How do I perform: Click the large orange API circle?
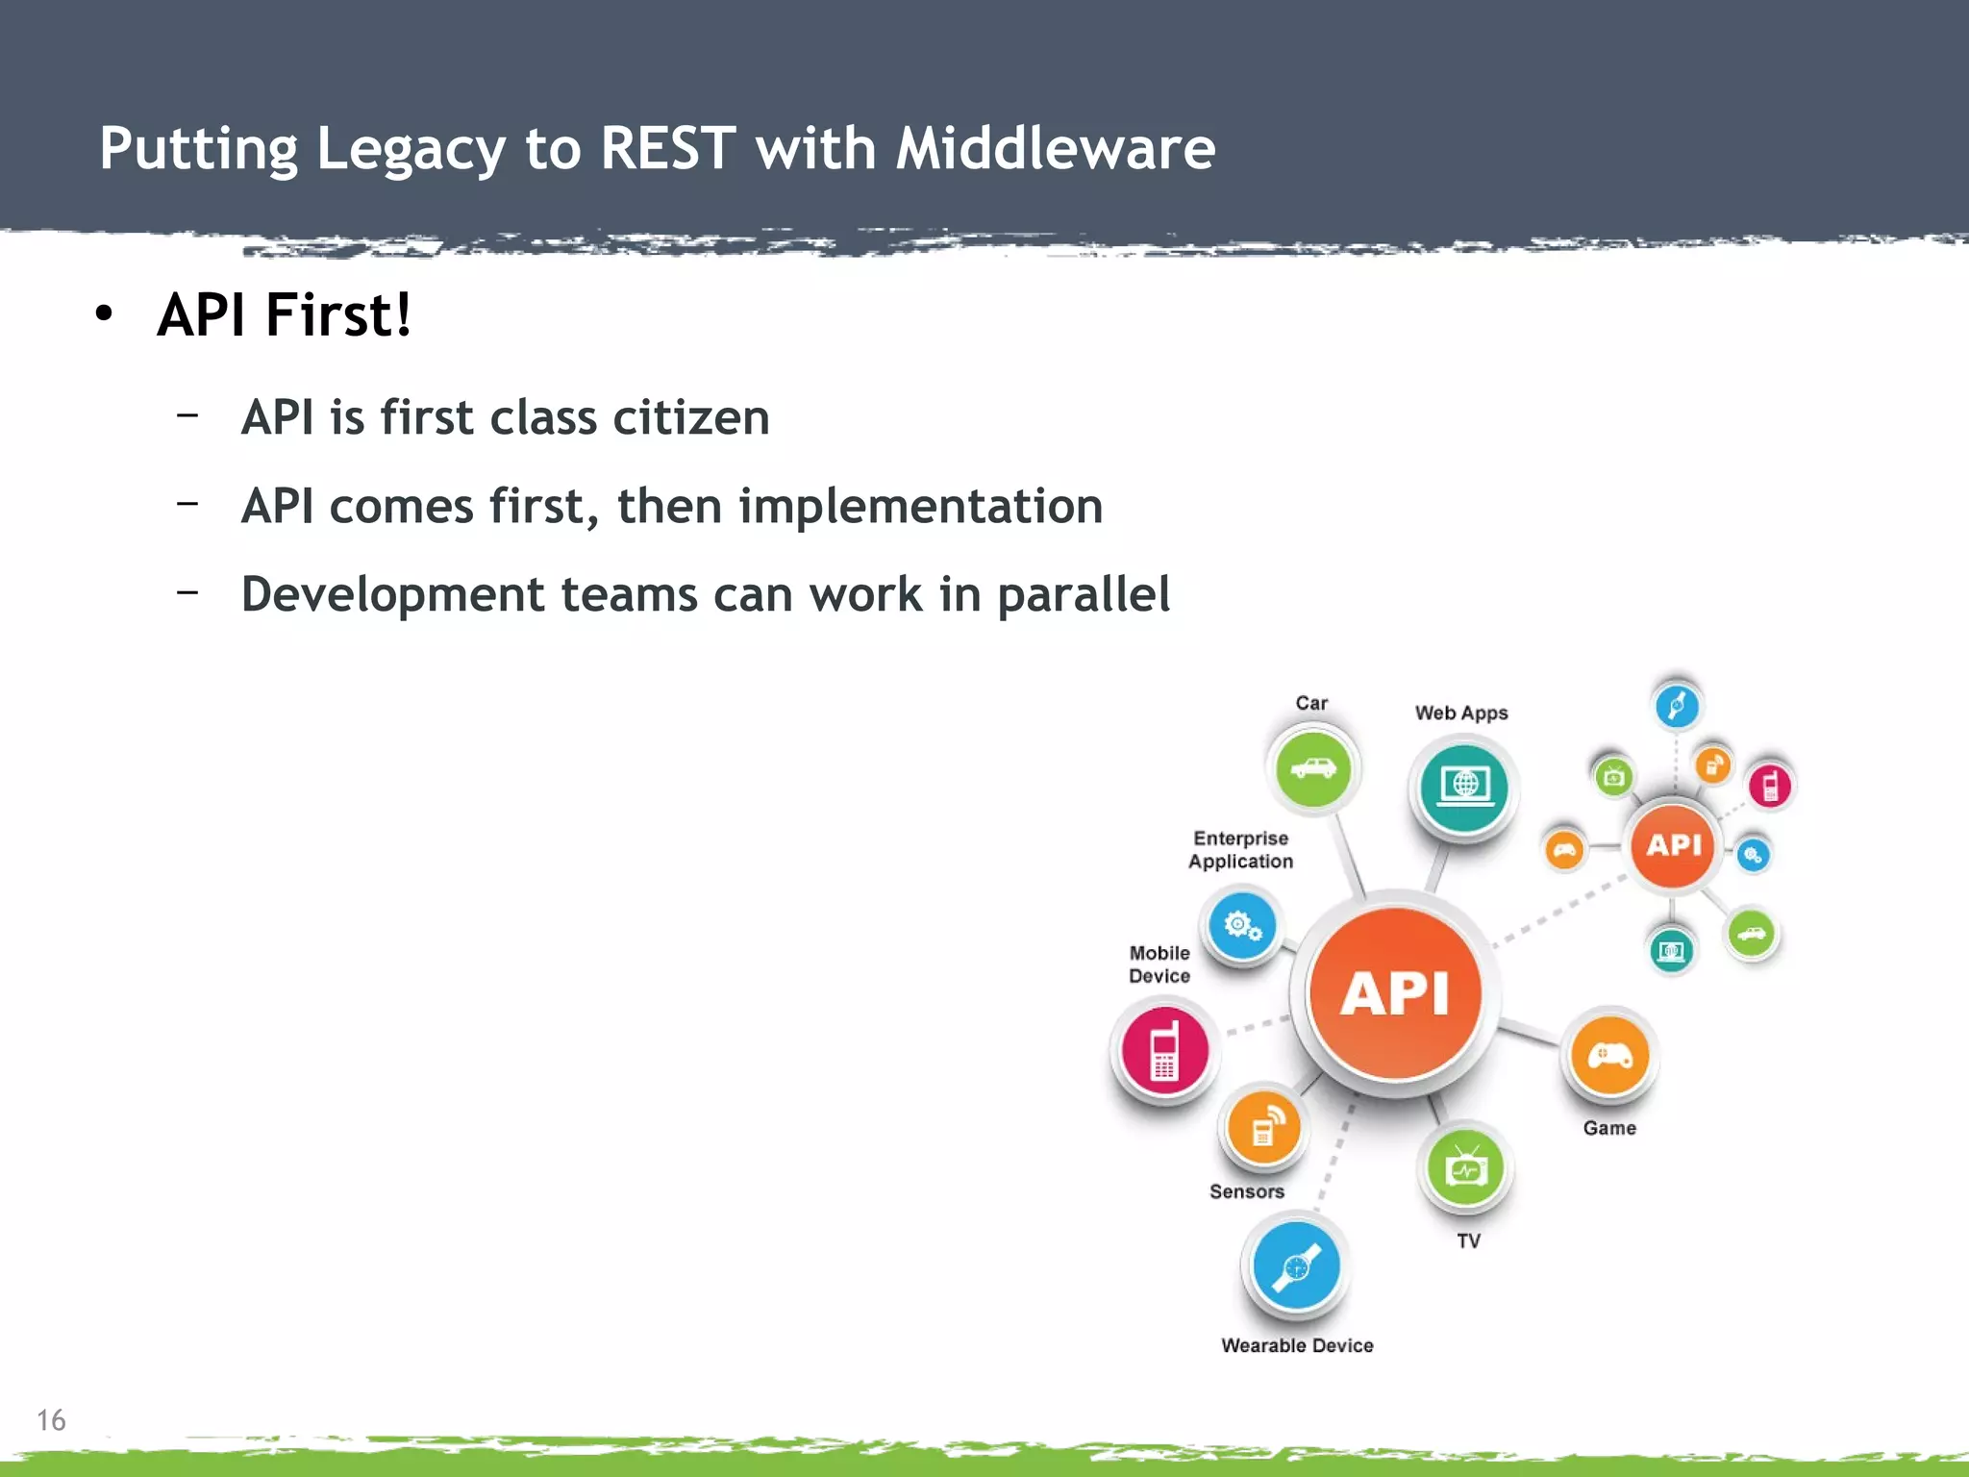tap(1394, 992)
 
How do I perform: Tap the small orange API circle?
tap(1673, 845)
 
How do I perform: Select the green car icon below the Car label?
tap(1312, 769)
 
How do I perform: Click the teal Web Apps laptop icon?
tap(1464, 788)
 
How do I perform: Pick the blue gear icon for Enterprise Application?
tap(1241, 926)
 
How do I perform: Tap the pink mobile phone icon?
tap(1164, 1050)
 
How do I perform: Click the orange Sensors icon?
tap(1263, 1129)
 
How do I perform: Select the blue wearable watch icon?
tap(1296, 1266)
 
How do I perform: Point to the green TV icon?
tap(1465, 1168)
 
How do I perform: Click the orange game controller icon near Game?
tap(1609, 1057)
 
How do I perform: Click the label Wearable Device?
tap(1297, 1345)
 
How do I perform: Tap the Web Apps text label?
tap(1461, 713)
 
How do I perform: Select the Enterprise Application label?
tap(1240, 850)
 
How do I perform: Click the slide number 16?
tap(51, 1420)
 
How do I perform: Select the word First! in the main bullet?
tap(337, 314)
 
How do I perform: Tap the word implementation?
tap(920, 506)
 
